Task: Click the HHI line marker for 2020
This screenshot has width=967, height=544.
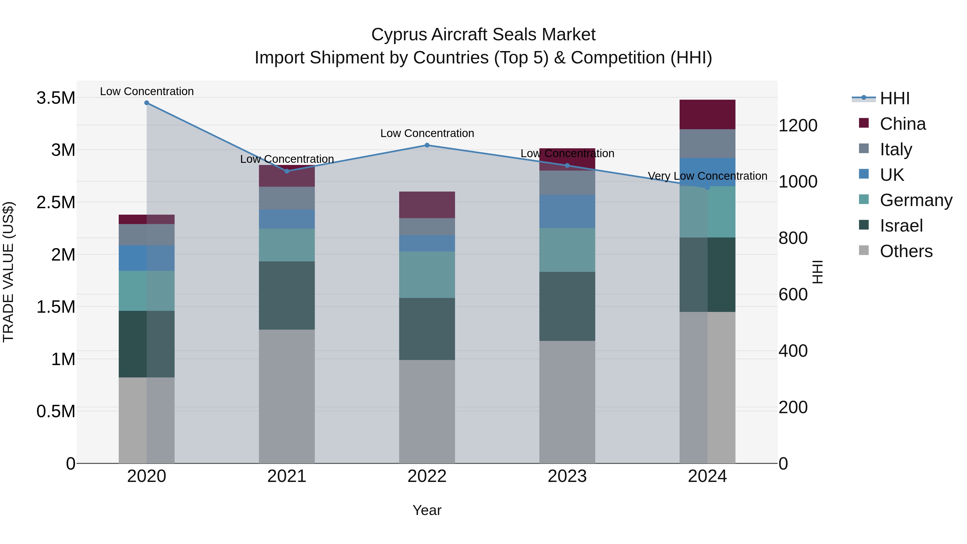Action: (x=146, y=103)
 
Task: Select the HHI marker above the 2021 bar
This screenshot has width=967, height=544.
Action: (x=287, y=171)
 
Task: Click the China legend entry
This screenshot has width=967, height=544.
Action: (x=903, y=124)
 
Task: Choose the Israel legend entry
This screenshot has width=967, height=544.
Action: (x=901, y=226)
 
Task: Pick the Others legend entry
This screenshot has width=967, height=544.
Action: (x=906, y=251)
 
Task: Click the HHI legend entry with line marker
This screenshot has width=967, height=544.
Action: (x=894, y=98)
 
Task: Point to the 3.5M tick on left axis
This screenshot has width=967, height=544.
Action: (x=56, y=98)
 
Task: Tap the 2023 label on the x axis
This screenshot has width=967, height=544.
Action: (x=567, y=476)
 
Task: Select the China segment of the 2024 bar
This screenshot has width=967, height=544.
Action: (x=707, y=114)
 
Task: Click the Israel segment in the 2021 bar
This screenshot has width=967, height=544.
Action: (x=287, y=296)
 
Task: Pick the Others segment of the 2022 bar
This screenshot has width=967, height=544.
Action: (x=427, y=412)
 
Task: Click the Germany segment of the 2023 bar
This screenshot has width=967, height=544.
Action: (x=567, y=250)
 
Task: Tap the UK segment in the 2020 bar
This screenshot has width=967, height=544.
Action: (x=146, y=258)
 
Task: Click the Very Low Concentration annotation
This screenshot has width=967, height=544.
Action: (x=707, y=176)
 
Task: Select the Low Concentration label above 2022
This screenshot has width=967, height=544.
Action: (x=427, y=133)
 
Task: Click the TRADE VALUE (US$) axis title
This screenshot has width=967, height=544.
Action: (x=8, y=272)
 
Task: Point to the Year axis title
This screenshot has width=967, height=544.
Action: (x=427, y=510)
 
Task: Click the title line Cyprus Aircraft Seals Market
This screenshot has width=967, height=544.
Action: (x=483, y=35)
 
